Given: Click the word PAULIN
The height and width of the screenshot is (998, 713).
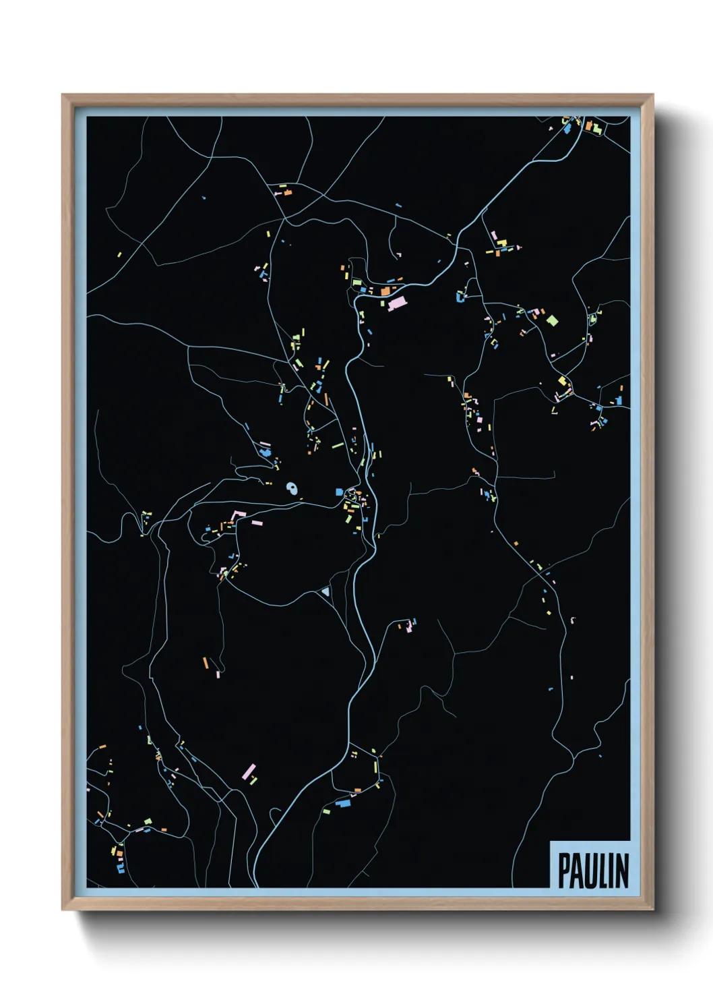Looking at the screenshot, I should (593, 871).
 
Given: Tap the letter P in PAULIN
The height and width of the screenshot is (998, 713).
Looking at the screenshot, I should (565, 871).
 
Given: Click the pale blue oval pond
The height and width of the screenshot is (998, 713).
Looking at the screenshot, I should (292, 488).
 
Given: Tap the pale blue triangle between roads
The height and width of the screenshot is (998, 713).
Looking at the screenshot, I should (326, 591).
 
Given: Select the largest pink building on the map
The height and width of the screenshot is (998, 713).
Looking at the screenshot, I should (397, 303).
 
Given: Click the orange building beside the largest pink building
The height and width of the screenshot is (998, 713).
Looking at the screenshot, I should (385, 291).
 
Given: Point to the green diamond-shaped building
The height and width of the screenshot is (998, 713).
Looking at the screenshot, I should (552, 320).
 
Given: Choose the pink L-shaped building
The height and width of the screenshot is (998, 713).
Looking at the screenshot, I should (237, 516).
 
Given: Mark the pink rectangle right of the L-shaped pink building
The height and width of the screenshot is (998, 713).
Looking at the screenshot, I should (256, 522).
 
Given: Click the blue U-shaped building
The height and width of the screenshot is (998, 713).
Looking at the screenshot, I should (462, 295).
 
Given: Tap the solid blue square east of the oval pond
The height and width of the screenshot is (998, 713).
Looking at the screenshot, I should (340, 492).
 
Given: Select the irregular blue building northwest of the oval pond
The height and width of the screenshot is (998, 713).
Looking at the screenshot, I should (265, 452).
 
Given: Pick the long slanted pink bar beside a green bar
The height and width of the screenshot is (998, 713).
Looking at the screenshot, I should (249, 771).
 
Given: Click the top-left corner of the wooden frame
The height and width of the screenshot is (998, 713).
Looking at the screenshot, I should (63, 96).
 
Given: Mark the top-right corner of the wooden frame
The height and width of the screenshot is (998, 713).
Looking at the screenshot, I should (652, 96).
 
